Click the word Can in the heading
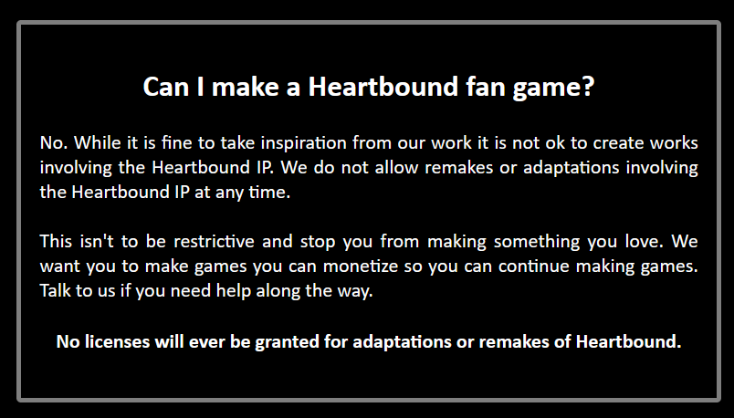point(166,87)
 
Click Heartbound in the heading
point(383,87)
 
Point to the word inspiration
point(303,142)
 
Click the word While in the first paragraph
point(97,142)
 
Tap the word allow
point(396,168)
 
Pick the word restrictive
point(214,242)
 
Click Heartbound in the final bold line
point(628,341)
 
